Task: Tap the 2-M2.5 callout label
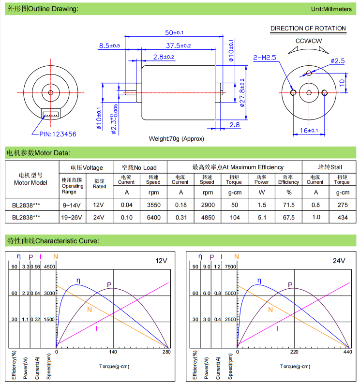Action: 265,58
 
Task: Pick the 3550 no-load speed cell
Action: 153,205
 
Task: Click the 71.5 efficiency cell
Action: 288,205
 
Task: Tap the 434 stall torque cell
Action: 342,218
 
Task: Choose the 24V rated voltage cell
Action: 99,218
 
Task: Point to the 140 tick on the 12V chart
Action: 113,353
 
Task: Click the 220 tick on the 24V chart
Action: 294,353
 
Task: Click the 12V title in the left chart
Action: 161,261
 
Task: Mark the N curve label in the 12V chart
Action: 90,310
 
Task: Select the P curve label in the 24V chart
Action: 290,285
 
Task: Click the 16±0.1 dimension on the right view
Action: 308,131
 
